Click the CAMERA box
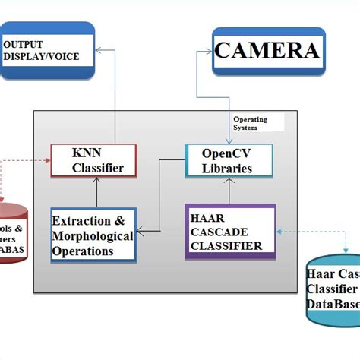tap(267, 50)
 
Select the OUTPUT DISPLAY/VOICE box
tap(46, 50)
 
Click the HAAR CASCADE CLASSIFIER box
tap(230, 232)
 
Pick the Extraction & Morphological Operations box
tap(93, 235)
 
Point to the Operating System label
tap(251, 124)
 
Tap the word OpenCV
tap(227, 153)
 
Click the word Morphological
tap(93, 236)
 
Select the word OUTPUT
tap(24, 45)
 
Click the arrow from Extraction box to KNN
tap(97, 193)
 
